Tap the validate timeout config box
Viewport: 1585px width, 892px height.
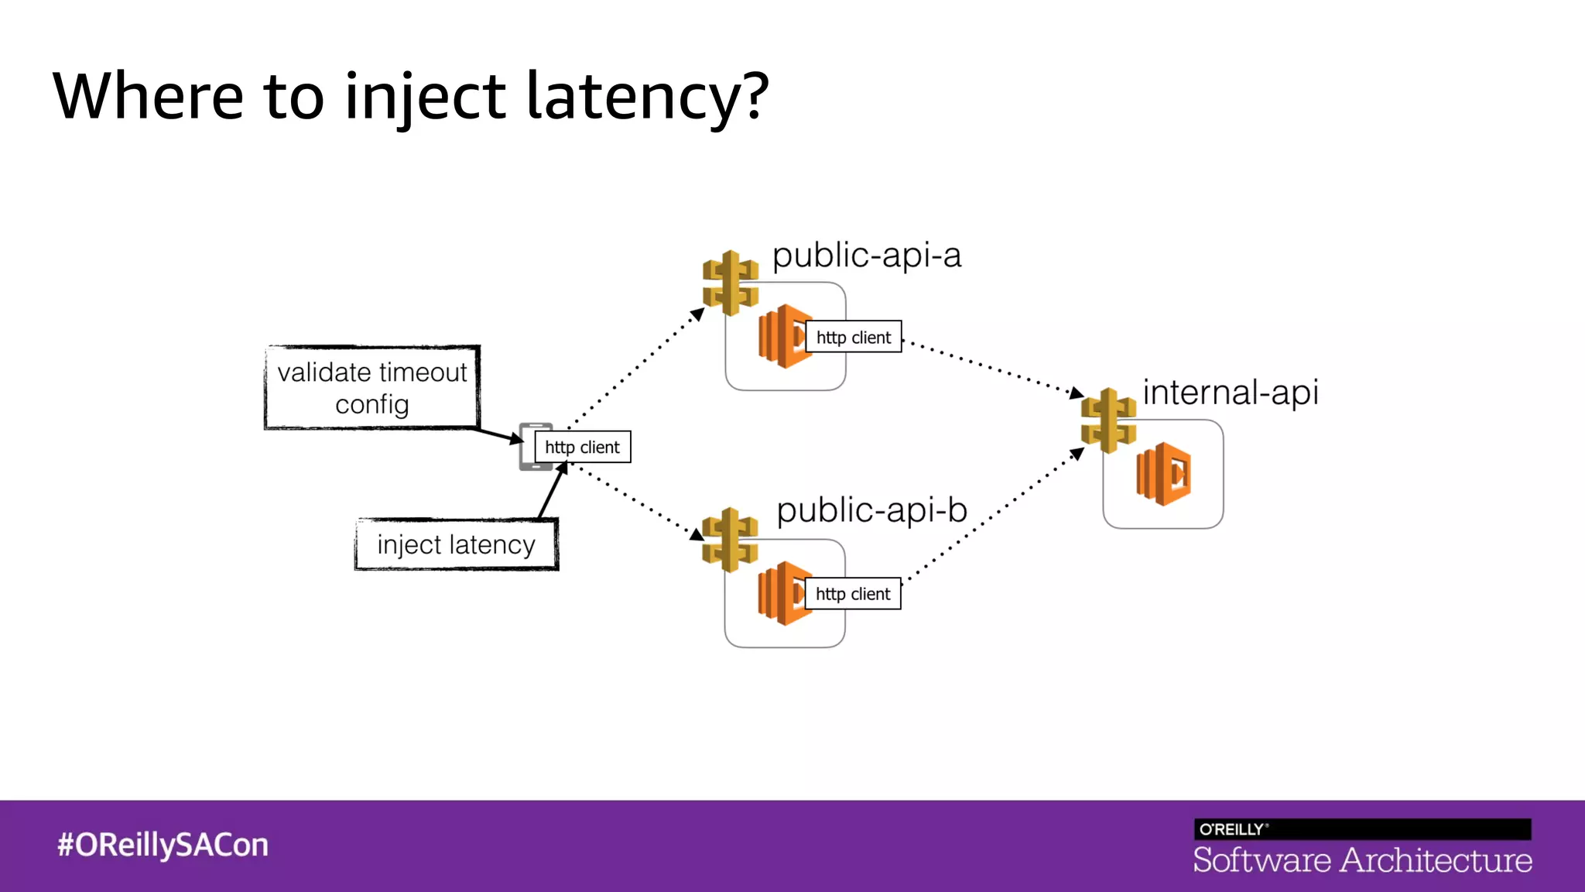[372, 387]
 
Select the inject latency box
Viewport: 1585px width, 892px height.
[457, 544]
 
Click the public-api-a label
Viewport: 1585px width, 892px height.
[866, 255]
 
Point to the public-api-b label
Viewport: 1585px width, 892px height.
[871, 510]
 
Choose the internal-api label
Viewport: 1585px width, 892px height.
[1230, 392]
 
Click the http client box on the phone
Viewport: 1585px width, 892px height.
[582, 447]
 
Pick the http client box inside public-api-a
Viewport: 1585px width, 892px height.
[853, 337]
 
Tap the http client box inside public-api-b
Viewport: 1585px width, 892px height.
[852, 594]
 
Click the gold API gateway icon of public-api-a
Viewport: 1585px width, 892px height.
[730, 283]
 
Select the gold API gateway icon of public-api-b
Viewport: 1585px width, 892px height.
[729, 540]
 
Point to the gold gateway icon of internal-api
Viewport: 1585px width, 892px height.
[1108, 420]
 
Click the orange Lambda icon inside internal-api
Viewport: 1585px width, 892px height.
[1163, 474]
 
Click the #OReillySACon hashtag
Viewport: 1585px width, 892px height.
[163, 845]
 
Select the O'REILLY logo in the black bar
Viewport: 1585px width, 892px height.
[1232, 829]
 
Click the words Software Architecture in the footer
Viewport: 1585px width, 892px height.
[1362, 860]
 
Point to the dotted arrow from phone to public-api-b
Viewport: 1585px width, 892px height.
[635, 499]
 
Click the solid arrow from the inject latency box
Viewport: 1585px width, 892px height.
[553, 492]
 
